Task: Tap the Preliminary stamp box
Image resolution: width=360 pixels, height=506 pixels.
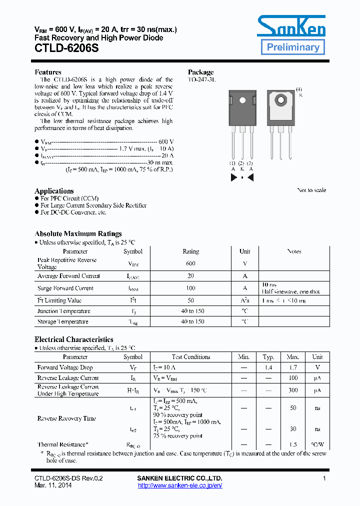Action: click(292, 47)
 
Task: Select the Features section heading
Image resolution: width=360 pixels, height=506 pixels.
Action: click(48, 72)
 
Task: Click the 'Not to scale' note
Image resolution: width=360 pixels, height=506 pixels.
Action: click(311, 190)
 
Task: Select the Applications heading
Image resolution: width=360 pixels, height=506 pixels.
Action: click(54, 191)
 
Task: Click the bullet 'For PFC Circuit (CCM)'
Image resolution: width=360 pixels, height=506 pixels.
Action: click(69, 198)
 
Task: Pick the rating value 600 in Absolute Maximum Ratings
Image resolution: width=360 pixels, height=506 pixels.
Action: click(190, 263)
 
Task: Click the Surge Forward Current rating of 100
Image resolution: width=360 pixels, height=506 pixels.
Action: click(190, 288)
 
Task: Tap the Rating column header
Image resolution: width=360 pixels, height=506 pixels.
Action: click(190, 251)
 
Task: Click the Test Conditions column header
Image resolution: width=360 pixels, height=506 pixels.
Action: click(191, 357)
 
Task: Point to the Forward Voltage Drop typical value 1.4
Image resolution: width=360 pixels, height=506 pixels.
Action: click(268, 367)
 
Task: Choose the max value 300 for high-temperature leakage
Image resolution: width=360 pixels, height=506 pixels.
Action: click(293, 390)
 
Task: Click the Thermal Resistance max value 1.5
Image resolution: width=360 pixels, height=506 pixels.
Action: click(293, 444)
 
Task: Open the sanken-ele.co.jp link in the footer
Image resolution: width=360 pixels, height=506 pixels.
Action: click(179, 485)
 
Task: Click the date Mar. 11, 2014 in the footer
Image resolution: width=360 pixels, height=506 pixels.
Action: click(53, 485)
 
